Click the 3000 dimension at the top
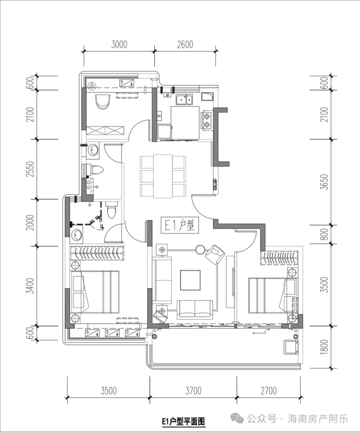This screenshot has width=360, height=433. pyautogui.click(x=119, y=44)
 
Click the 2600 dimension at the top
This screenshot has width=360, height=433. pyautogui.click(x=185, y=44)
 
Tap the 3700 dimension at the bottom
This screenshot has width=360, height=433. pyautogui.click(x=193, y=391)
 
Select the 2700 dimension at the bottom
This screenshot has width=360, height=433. pyautogui.click(x=269, y=391)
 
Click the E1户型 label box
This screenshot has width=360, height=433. pyautogui.click(x=180, y=225)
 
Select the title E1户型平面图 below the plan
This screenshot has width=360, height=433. pyautogui.click(x=183, y=421)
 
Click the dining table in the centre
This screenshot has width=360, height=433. pyautogui.click(x=163, y=176)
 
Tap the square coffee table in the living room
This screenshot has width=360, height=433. pyautogui.click(x=190, y=280)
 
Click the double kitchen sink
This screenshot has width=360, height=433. pyautogui.click(x=184, y=100)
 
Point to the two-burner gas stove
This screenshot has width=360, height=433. pyautogui.click(x=207, y=121)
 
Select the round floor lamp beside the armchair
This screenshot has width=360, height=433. pyautogui.click(x=200, y=249)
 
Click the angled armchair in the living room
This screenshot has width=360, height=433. pyautogui.click(x=215, y=254)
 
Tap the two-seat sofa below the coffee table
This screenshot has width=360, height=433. pyautogui.click(x=195, y=309)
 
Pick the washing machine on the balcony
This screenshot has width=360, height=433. pyautogui.click(x=291, y=347)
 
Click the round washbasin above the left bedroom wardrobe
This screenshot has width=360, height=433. pyautogui.click(x=76, y=235)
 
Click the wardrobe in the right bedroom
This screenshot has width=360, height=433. pyautogui.click(x=279, y=258)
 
